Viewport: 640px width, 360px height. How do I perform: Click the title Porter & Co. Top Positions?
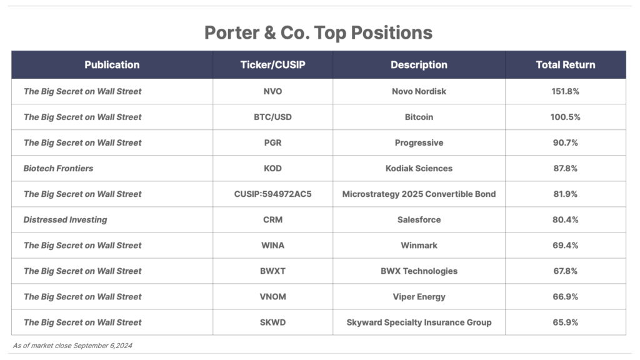[x=318, y=33]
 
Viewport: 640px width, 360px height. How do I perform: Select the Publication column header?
[x=112, y=65]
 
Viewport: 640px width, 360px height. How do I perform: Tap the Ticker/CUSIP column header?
[x=272, y=65]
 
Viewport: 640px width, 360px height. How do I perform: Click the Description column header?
[x=419, y=65]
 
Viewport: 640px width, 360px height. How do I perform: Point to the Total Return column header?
[x=565, y=65]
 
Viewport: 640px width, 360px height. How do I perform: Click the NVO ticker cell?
[x=272, y=91]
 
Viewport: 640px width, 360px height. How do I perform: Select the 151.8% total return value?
[x=565, y=91]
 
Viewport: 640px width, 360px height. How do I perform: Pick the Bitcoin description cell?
[x=419, y=117]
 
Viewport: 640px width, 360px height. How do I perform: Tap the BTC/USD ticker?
[x=272, y=117]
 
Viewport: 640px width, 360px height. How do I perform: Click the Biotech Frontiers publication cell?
[x=58, y=169]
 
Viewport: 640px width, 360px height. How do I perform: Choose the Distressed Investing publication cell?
[x=65, y=220]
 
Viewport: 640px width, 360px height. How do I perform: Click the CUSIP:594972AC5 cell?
[x=272, y=194]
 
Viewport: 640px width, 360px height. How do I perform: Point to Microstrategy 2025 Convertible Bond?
[x=419, y=194]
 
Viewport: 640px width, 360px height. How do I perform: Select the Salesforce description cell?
[x=419, y=220]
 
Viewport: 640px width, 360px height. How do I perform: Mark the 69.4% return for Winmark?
[x=565, y=246]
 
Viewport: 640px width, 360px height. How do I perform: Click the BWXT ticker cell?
[x=272, y=271]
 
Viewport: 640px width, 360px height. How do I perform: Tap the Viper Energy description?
[x=419, y=297]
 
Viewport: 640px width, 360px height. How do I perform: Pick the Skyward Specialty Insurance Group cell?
[x=419, y=322]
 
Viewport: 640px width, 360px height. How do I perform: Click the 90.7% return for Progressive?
[x=565, y=143]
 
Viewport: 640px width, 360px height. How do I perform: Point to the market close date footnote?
[x=72, y=346]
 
